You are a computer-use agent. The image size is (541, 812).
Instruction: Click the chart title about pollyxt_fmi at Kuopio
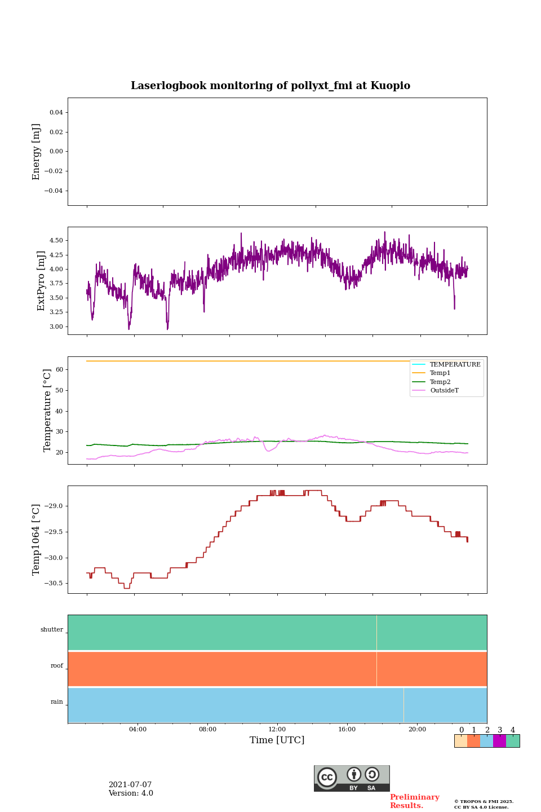tap(270, 86)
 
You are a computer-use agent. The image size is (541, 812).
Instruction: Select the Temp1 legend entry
tap(440, 373)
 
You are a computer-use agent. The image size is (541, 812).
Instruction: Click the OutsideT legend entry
tap(444, 391)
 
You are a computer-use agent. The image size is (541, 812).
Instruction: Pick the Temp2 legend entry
tap(440, 382)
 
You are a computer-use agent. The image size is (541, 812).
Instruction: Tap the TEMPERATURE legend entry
tap(455, 365)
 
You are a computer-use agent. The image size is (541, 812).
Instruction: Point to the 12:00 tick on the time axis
tap(277, 729)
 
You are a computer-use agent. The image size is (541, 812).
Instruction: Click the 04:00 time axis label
tap(138, 729)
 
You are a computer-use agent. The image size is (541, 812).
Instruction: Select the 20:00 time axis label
tap(417, 729)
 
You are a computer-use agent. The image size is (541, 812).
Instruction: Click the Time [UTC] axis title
tap(277, 740)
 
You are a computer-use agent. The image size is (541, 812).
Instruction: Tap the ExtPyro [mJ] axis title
tap(41, 281)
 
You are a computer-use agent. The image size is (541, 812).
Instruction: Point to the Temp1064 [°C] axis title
tap(37, 540)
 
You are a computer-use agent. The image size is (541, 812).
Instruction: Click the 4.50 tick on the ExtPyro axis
tap(56, 240)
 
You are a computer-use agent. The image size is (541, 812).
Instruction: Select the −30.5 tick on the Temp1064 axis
tap(54, 584)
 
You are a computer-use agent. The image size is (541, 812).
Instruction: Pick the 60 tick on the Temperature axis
tap(59, 370)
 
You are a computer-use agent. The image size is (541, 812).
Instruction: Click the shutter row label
tap(52, 630)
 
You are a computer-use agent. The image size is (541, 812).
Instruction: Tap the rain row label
tap(57, 702)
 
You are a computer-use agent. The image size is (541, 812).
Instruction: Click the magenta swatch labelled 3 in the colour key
tap(499, 741)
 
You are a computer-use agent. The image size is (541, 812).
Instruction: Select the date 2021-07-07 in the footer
tap(130, 785)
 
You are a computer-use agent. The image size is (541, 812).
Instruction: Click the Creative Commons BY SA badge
tap(352, 778)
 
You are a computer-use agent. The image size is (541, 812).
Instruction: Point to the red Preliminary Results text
tap(414, 801)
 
